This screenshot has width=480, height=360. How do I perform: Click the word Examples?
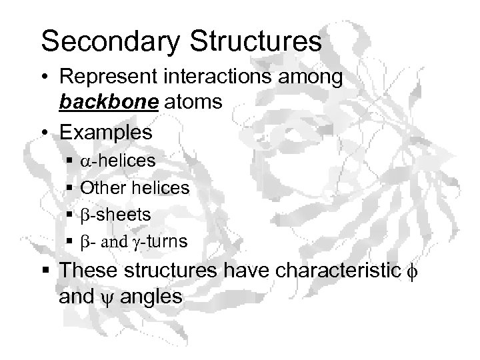pos(105,132)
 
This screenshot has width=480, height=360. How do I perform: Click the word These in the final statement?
pos(90,271)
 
